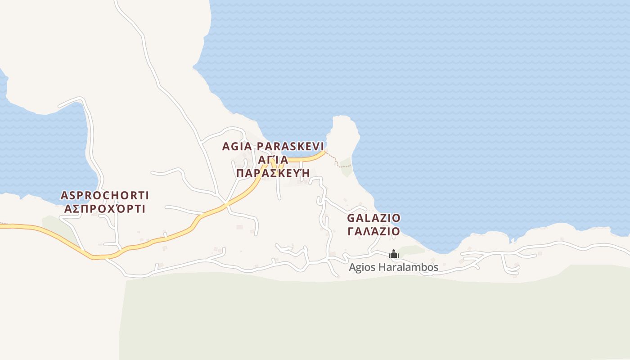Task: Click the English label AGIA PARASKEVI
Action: [273, 146]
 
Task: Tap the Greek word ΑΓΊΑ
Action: [273, 160]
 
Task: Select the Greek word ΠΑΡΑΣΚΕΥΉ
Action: [273, 173]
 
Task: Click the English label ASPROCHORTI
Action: [105, 195]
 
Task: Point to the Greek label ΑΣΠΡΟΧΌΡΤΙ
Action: [105, 209]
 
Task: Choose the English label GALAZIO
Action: [373, 218]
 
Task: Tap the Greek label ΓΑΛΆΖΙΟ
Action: [373, 231]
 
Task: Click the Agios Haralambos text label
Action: [393, 267]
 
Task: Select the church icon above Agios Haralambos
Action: [394, 254]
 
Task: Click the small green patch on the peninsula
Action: [346, 166]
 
